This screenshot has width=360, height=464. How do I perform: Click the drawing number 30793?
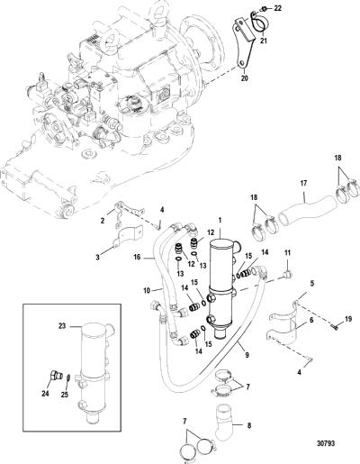[326, 443]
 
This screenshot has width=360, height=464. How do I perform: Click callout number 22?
[278, 8]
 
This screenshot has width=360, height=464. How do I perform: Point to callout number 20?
[245, 78]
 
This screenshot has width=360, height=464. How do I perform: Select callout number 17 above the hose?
[303, 183]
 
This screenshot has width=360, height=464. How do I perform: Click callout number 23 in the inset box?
[62, 326]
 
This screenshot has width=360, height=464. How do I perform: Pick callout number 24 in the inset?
[45, 393]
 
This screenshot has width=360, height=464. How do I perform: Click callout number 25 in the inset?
[65, 395]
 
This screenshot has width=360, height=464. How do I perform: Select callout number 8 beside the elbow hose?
[249, 425]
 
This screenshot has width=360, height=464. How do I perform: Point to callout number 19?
[348, 319]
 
